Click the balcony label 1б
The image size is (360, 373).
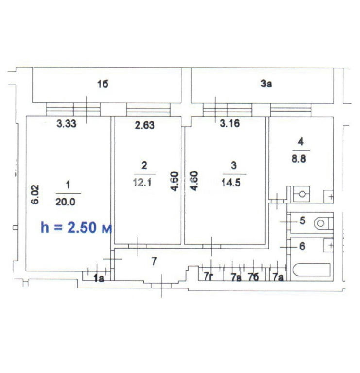tap(103, 84)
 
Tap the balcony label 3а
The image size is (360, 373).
tap(266, 84)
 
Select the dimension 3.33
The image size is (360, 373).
tap(67, 124)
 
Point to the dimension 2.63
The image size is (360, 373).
tap(145, 125)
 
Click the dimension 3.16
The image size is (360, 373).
tap(230, 123)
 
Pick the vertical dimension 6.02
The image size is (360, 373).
tap(35, 194)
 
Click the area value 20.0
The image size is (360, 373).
tap(66, 202)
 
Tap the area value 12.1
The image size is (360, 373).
tap(142, 183)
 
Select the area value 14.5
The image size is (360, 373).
tap(231, 183)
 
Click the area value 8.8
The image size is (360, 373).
tap(299, 159)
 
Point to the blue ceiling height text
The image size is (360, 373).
tap(76, 227)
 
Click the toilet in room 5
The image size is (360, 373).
tap(324, 223)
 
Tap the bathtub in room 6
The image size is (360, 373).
tap(312, 270)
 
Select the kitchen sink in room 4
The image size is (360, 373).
tap(302, 194)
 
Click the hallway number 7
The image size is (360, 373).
tap(154, 261)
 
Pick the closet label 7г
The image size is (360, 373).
tap(208, 277)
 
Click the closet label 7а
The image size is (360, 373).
tap(278, 277)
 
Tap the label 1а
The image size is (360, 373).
tap(99, 278)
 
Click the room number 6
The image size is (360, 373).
tap(302, 246)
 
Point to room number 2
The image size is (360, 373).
tap(144, 165)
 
